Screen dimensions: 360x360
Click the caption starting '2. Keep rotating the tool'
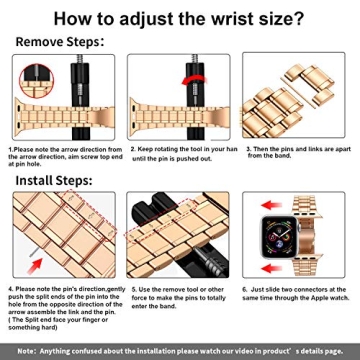(x=180, y=154)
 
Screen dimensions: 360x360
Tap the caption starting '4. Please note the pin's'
(x=64, y=304)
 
